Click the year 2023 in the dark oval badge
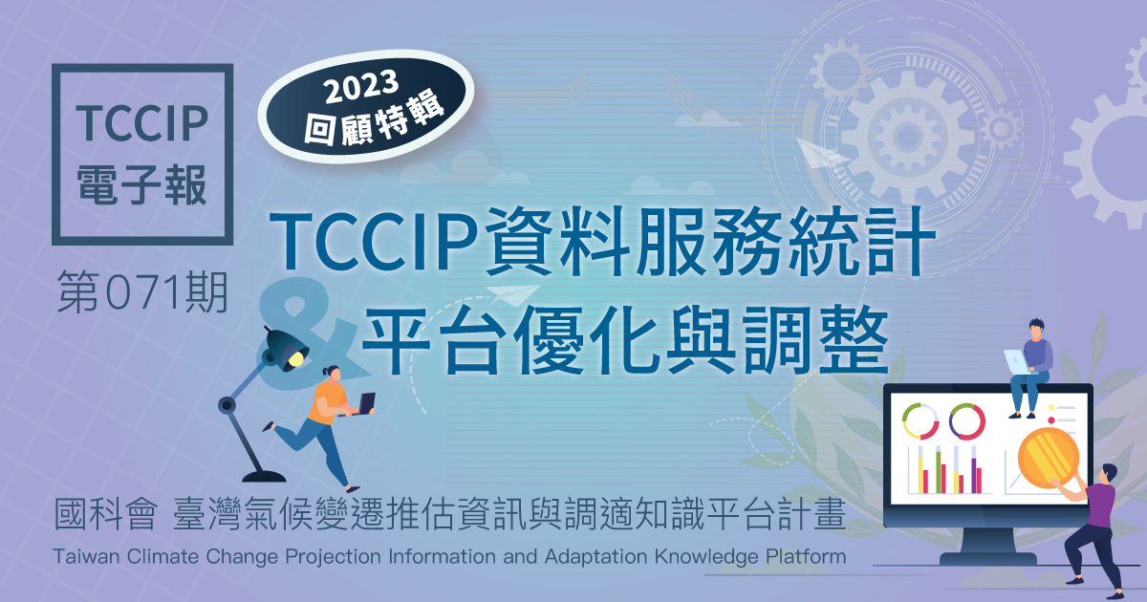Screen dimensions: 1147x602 coord(361,86)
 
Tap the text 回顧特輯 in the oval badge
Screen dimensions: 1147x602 coord(375,119)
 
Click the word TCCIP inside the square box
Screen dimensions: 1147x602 coord(142,123)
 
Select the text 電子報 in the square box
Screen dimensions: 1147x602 coord(141,184)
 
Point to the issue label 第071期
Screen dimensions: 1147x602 coord(142,291)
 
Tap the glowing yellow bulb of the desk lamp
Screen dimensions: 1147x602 coord(295,358)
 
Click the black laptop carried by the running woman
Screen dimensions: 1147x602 coord(363,404)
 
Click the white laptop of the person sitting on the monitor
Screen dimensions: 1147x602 coord(1017,362)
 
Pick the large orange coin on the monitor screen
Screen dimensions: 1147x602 coord(1049,458)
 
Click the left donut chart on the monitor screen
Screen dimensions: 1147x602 coord(920,421)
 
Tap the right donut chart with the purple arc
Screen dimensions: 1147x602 coord(966,421)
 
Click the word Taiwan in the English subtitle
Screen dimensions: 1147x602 coord(87,556)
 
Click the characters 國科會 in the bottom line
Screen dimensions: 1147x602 coord(105,514)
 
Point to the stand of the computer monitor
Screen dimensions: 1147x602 coord(987,546)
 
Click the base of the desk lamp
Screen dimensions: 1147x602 coord(264,477)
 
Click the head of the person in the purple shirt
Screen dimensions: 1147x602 coord(1109,474)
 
